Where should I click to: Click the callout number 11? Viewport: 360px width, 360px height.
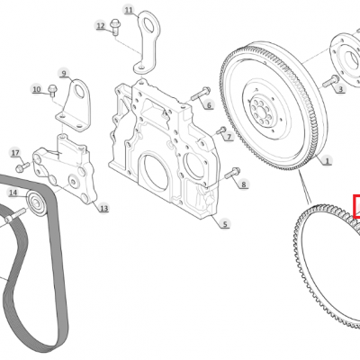point(129,10)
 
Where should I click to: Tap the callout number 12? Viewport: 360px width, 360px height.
point(101,26)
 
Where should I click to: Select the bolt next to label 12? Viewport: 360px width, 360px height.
point(114,27)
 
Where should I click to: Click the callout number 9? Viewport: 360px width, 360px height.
point(64,73)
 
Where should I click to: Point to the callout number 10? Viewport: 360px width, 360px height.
point(37,89)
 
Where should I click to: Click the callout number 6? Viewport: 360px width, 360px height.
point(209,105)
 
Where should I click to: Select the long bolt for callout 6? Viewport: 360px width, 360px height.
point(201,94)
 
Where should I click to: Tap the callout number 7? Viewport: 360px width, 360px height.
point(229,137)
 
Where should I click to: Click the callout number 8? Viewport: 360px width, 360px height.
point(243,184)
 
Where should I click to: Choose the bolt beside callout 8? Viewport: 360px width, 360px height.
point(232,174)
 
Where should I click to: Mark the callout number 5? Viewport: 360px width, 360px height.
point(225,223)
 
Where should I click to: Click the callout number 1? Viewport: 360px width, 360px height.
point(328,161)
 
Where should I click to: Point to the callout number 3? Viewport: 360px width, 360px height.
point(341,89)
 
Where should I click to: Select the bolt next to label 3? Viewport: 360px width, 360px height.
point(330,81)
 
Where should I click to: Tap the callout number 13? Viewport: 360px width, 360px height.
point(103,208)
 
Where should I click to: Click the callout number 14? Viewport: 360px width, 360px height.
point(13,193)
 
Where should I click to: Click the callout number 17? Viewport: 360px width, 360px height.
point(15,153)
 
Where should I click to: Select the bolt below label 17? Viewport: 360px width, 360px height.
point(22,166)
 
